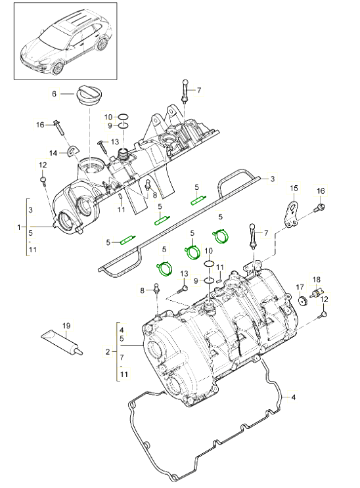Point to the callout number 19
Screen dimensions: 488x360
pos(66,325)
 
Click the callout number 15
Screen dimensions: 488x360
pos(294,189)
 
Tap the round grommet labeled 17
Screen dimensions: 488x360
pos(302,301)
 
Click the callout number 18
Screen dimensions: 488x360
pos(317,279)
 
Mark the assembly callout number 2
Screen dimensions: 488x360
pos(107,353)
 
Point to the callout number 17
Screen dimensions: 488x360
pos(299,287)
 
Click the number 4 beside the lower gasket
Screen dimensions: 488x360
pos(294,397)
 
